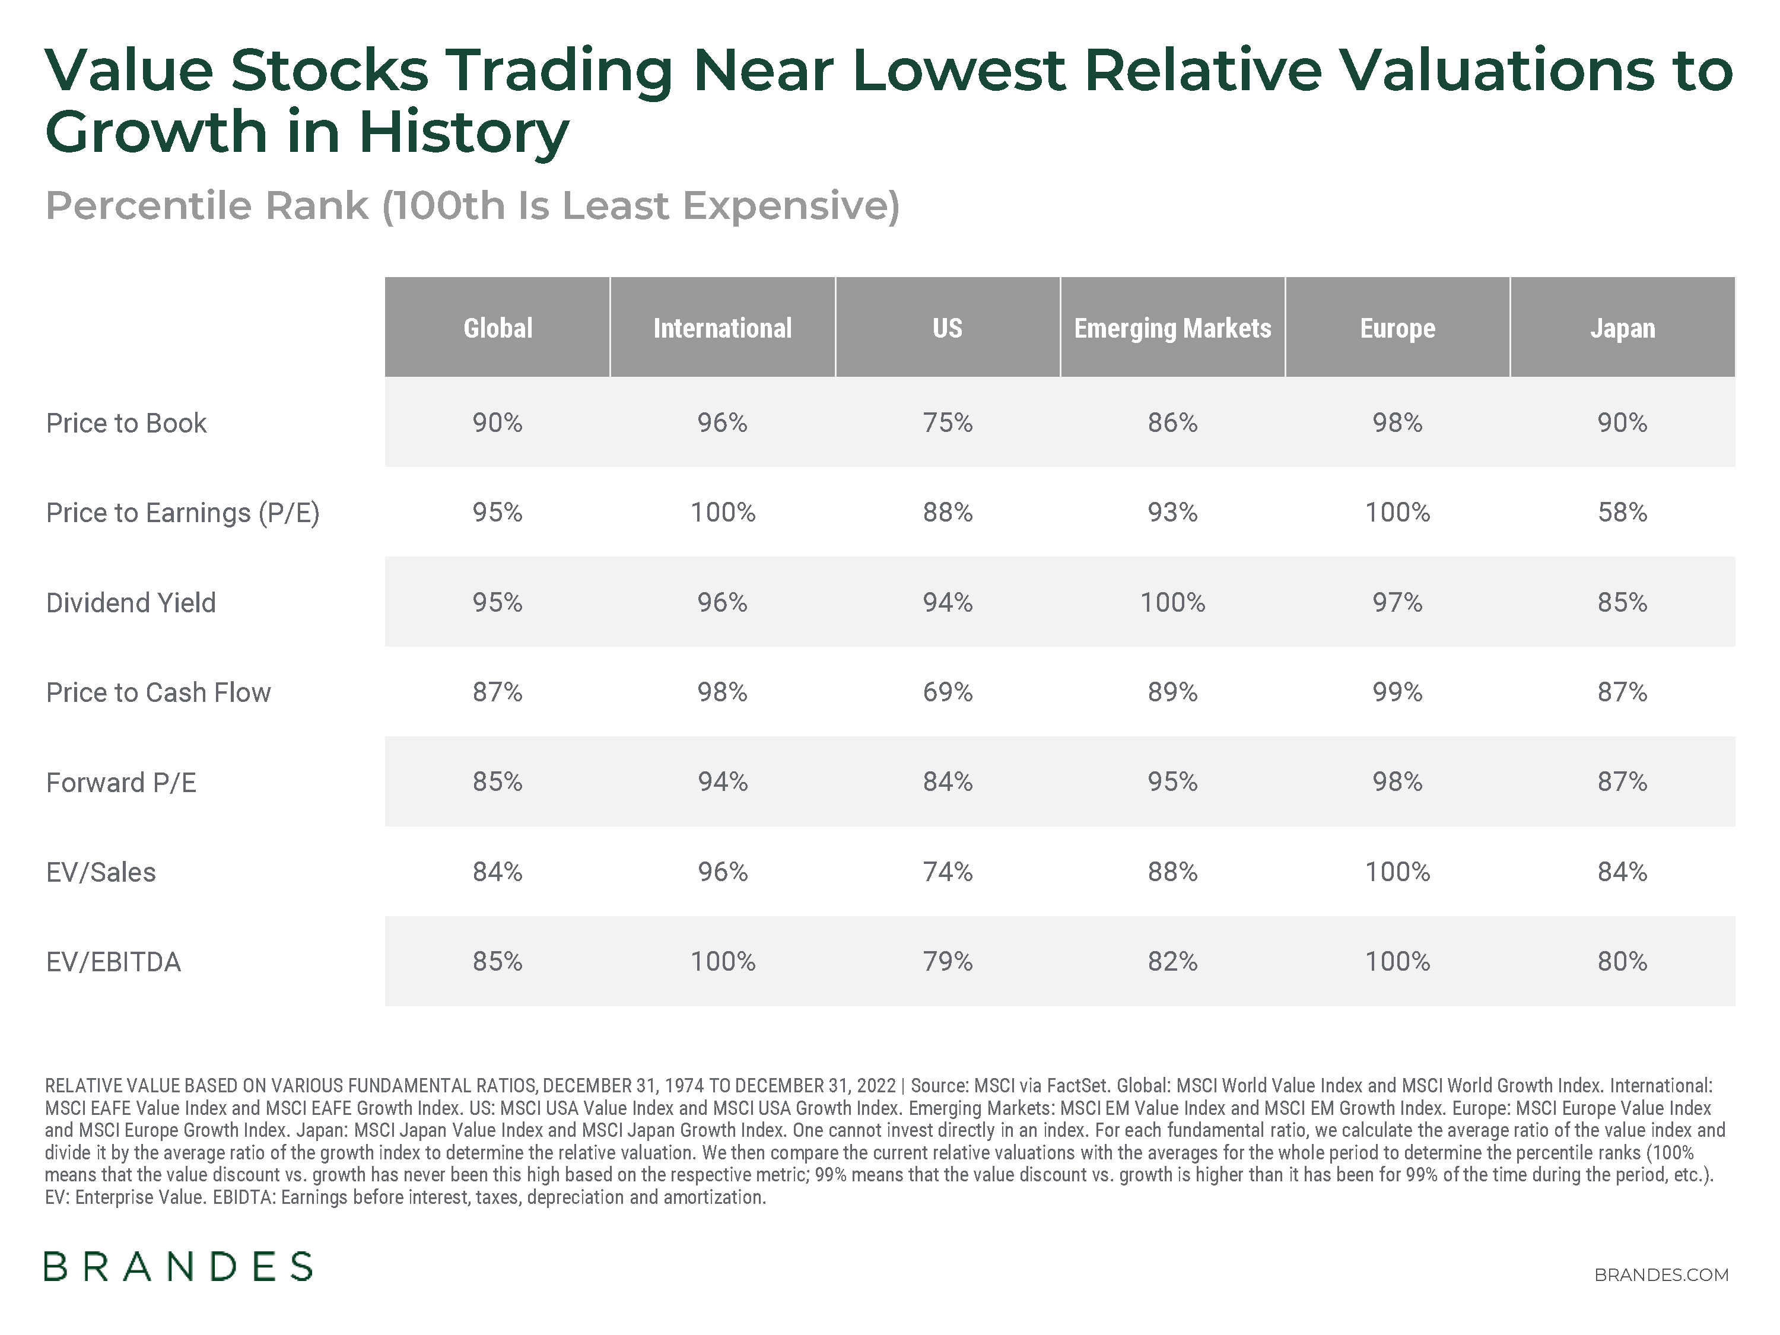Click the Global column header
click(497, 328)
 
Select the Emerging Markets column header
click(1172, 328)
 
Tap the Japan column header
click(1622, 328)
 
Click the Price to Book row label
click(126, 422)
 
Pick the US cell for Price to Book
click(947, 422)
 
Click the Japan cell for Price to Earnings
click(1622, 512)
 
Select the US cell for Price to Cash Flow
click(947, 691)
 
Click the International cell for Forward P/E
click(722, 781)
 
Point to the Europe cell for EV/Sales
click(1397, 872)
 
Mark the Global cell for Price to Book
click(497, 422)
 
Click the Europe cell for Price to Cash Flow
click(1397, 691)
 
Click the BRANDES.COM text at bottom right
click(1661, 1274)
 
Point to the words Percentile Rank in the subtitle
click(207, 205)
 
